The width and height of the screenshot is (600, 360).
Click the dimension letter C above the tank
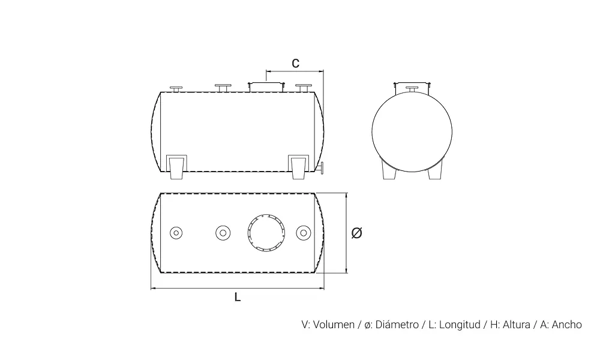click(x=295, y=63)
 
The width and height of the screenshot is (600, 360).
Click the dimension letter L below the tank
click(x=238, y=297)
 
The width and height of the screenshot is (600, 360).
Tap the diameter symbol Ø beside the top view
click(x=356, y=233)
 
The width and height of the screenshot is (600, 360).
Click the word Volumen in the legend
click(x=334, y=325)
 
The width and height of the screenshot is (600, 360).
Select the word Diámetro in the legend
click(x=397, y=325)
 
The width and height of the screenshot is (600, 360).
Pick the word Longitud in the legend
click(x=460, y=325)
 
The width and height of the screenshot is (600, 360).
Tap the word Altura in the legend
click(x=516, y=325)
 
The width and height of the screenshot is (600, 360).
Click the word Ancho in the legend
click(x=566, y=325)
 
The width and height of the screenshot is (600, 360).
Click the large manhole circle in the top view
click(x=266, y=215)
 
